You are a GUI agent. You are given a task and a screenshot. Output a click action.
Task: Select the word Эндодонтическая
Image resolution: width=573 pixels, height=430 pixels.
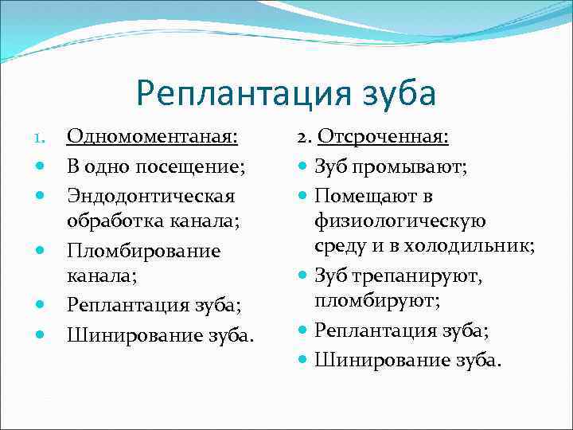pos(150,195)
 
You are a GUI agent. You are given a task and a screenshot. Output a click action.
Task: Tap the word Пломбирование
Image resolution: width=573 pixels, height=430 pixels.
pos(143,251)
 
